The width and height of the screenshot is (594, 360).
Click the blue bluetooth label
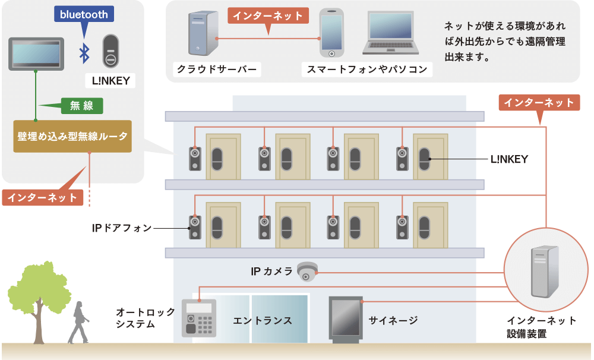84,14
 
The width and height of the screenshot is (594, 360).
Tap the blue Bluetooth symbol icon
84,53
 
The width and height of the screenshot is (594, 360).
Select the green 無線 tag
82,106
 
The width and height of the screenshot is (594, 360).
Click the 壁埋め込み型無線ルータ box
72,137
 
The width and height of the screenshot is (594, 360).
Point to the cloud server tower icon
203,33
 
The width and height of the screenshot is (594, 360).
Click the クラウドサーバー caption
217,70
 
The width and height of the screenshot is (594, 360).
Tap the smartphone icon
331,33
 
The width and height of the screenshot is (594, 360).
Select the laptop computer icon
391,33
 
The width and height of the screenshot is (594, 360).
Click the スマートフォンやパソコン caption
366,70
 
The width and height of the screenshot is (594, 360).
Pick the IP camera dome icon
307,271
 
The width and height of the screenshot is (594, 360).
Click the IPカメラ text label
271,271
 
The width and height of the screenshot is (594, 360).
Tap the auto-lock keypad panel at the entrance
199,318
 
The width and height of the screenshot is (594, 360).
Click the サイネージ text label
393,321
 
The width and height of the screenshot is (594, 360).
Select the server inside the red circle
545,271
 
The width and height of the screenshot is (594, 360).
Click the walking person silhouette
79,323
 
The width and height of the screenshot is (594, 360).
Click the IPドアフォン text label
122,228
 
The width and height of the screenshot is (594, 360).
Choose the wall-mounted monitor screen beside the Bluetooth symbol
36,54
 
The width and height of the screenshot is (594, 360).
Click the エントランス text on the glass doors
262,321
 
